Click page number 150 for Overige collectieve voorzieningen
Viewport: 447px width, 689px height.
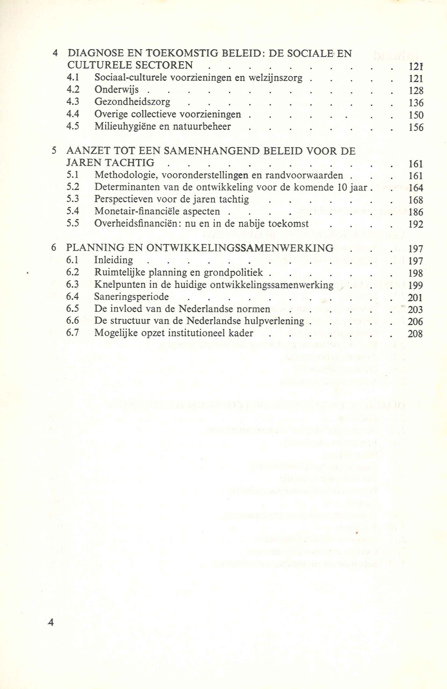416,115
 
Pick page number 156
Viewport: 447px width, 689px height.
416,128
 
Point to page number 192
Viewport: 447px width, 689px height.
416,224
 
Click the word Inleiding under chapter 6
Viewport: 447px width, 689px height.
114,260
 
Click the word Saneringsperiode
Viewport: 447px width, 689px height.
132,297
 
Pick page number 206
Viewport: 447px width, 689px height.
415,322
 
